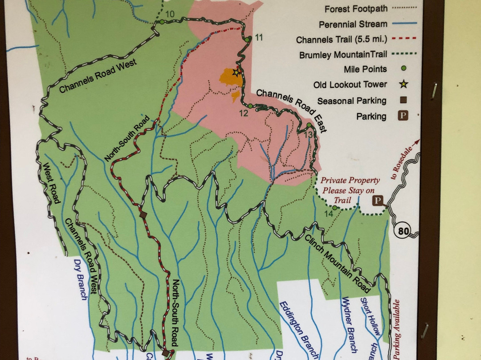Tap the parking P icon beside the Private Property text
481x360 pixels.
click(378, 201)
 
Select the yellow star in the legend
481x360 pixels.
click(404, 84)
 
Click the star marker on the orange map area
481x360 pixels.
click(236, 72)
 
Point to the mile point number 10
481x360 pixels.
click(170, 14)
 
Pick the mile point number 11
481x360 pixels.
click(259, 37)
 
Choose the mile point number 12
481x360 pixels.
click(243, 113)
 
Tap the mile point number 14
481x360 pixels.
click(329, 214)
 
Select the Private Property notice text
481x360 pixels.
click(350, 191)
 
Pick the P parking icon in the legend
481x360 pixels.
click(403, 116)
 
